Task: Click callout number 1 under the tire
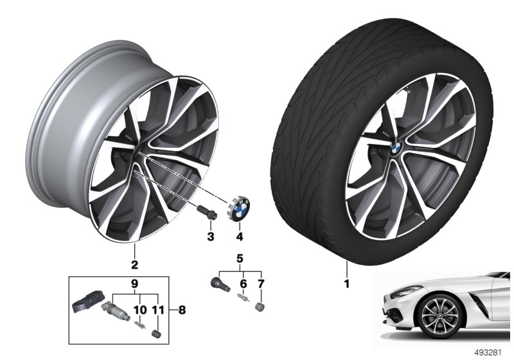tap(347, 283)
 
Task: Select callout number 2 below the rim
tap(134, 265)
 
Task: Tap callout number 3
tap(211, 236)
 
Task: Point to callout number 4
tap(240, 236)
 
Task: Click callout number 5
tap(240, 258)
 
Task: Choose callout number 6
tap(243, 284)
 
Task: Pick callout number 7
tap(261, 284)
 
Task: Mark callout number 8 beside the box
tap(182, 310)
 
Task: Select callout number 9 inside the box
tap(134, 284)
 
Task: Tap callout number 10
tap(139, 310)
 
